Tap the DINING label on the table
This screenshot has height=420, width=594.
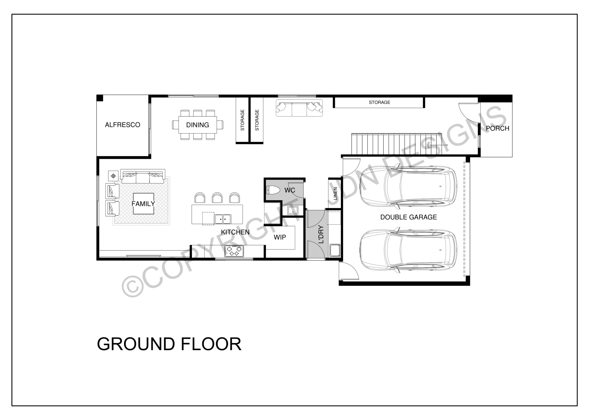197,125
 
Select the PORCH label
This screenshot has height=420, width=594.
497,128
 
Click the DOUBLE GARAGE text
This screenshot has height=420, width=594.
409,217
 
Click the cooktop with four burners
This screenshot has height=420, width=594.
234,251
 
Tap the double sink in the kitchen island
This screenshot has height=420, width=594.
223,219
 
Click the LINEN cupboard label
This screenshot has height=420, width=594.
335,194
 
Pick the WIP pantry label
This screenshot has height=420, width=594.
280,237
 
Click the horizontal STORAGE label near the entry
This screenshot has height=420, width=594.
379,103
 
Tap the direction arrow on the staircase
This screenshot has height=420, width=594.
437,145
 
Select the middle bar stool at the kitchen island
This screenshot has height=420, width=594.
217,198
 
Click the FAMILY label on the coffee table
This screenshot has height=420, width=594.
143,204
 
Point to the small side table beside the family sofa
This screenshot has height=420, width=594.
113,176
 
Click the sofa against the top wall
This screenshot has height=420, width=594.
299,108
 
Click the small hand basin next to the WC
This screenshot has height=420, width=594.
293,210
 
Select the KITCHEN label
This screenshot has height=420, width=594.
235,232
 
